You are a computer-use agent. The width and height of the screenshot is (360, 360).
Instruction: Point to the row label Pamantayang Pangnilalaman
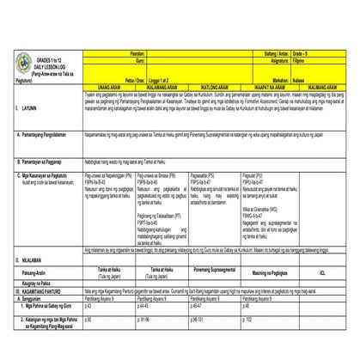tap(43, 137)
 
